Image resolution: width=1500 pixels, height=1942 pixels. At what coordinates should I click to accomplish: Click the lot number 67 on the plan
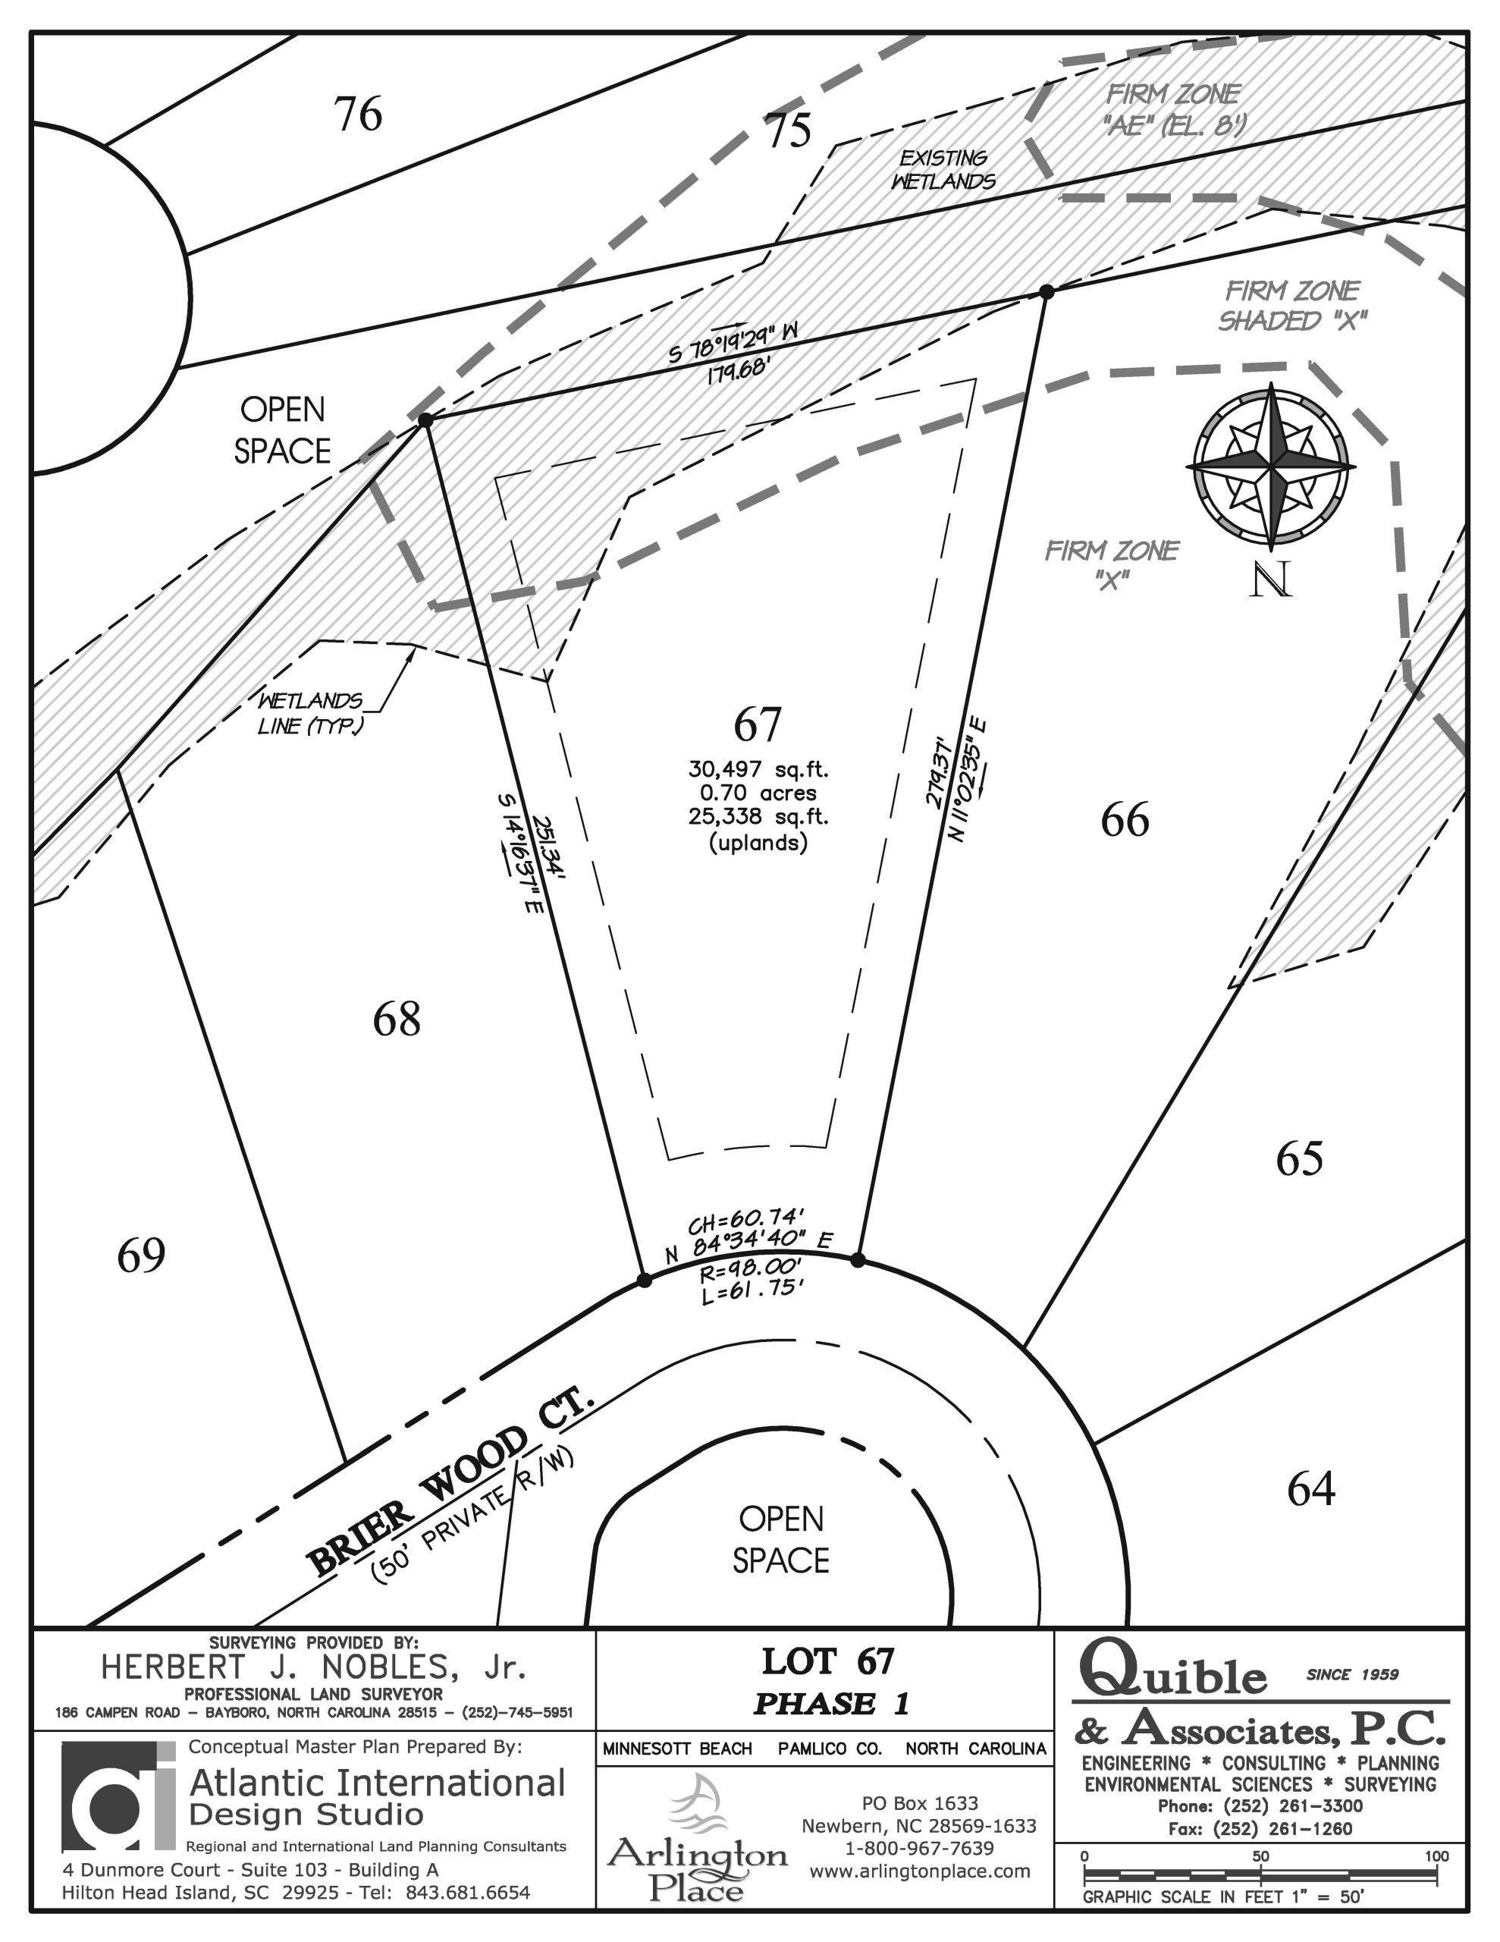pos(758,724)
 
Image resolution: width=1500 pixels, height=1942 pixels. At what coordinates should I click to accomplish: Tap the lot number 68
pos(397,1019)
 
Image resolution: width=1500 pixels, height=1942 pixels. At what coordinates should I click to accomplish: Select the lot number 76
pos(359,114)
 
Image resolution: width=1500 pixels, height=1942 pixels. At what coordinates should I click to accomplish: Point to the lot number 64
pos(1311,1489)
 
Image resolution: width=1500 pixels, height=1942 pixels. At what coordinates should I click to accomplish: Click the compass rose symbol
pos(1272,466)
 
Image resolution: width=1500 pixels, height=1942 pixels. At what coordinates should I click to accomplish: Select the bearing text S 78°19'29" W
pos(733,342)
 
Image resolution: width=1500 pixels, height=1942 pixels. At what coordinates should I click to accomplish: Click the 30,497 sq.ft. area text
pos(758,769)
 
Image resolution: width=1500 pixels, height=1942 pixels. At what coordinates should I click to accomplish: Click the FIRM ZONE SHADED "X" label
pos(1293,305)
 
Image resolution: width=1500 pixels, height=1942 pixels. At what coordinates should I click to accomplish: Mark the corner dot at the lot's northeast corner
pos(1047,291)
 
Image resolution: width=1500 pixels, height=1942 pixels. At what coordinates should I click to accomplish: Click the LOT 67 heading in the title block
pos(828,1661)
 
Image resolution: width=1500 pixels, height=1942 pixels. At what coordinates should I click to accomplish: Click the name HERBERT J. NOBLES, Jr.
pos(314,1667)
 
